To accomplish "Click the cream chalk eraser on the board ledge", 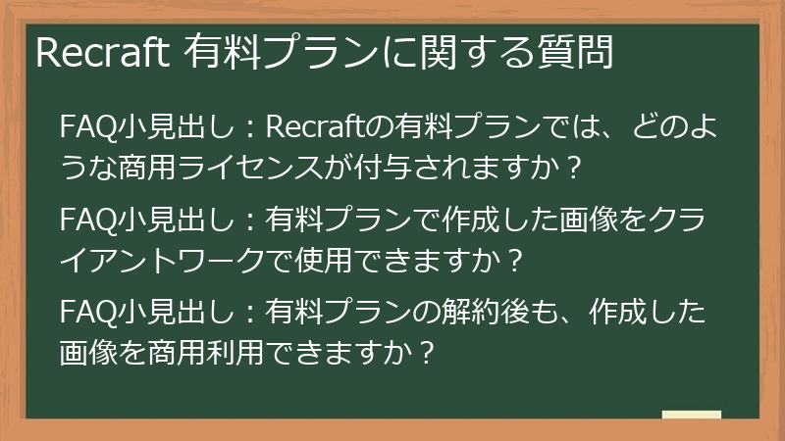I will (691, 415).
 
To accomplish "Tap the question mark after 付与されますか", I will (575, 164).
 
